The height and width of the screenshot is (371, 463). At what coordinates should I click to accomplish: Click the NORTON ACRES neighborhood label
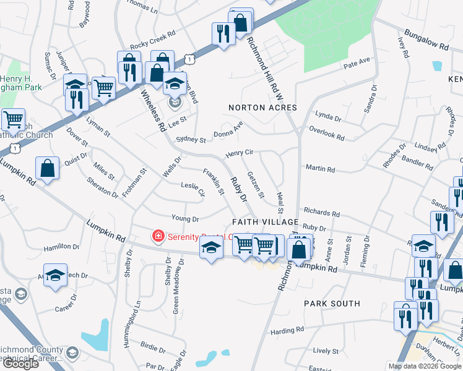click(262, 108)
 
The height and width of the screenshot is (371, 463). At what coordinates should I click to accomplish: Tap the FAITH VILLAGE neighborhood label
click(266, 222)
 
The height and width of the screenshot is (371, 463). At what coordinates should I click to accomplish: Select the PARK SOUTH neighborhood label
click(332, 304)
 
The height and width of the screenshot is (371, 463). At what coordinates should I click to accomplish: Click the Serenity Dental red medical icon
click(158, 236)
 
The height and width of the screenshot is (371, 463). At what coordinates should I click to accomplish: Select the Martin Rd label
click(320, 169)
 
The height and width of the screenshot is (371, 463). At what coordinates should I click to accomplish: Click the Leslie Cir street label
click(193, 189)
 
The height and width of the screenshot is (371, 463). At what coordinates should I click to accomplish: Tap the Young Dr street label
click(185, 219)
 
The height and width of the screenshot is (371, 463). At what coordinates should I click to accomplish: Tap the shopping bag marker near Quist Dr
click(48, 168)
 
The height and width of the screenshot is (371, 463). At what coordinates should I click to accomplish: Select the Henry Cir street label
click(240, 153)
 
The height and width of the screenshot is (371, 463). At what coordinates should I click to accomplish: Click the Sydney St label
click(191, 140)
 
